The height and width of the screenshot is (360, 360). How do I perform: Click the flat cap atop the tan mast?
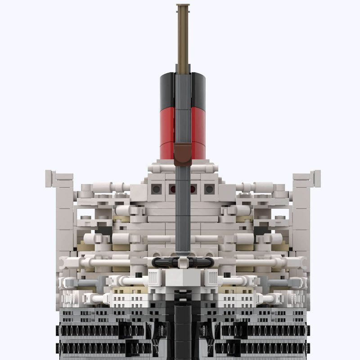183,6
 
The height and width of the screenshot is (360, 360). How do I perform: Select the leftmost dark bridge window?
157,189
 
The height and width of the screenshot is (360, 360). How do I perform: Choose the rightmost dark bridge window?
208,189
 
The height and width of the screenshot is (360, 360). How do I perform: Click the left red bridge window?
172,189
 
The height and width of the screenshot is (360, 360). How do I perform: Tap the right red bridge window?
193,189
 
